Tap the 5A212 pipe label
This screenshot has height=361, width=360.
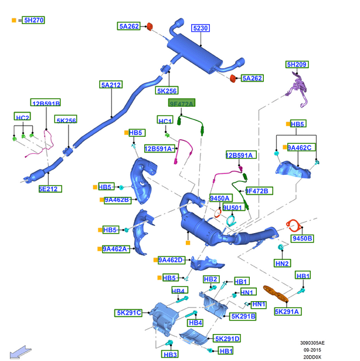111,85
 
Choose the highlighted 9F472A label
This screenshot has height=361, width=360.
181,103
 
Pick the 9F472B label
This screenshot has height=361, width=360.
257,191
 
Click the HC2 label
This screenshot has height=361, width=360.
22,118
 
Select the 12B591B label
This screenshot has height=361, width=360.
46,103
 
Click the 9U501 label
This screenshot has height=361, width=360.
232,208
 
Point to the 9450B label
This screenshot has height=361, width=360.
302,238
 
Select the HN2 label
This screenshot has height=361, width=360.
282,263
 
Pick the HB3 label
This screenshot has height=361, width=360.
170,355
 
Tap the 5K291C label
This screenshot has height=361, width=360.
128,313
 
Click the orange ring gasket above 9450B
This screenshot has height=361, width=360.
293,224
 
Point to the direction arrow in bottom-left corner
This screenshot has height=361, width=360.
16,352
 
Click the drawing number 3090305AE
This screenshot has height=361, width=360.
314,343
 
